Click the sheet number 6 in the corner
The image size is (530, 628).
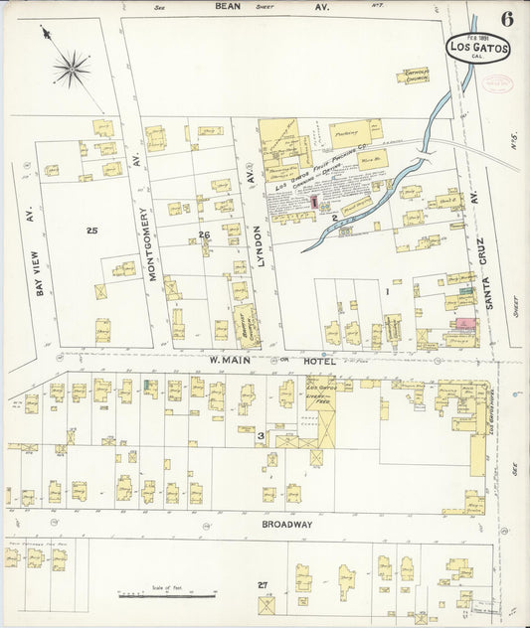507,19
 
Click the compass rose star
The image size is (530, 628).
72,68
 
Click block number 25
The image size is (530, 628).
91,231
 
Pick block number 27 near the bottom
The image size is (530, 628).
263,585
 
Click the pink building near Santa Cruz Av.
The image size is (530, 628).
464,324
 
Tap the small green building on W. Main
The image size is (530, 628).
146,384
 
